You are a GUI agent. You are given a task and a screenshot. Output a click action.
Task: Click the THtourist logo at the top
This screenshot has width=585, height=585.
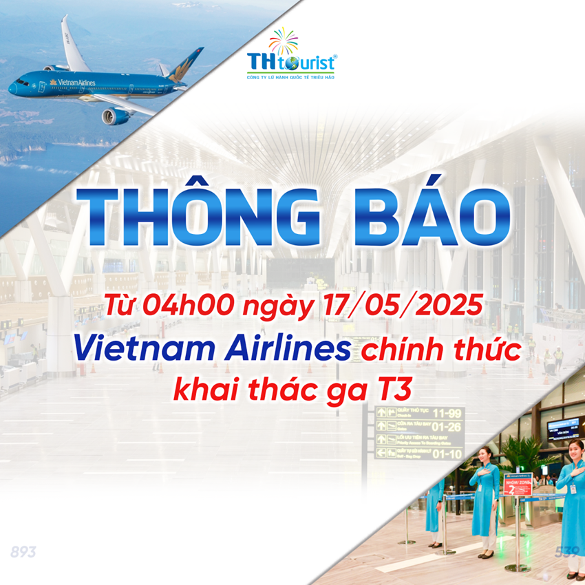point(291,58)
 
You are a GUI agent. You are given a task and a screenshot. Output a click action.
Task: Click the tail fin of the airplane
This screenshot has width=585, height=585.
point(187,63)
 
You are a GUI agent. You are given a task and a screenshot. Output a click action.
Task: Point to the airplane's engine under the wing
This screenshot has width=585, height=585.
point(116,115)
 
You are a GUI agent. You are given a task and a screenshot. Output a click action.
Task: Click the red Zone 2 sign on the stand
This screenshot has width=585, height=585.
point(517,485)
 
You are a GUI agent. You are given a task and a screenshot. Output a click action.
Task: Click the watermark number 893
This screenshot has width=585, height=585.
point(23,552)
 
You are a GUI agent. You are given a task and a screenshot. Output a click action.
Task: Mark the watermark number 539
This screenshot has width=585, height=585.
point(566,552)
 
